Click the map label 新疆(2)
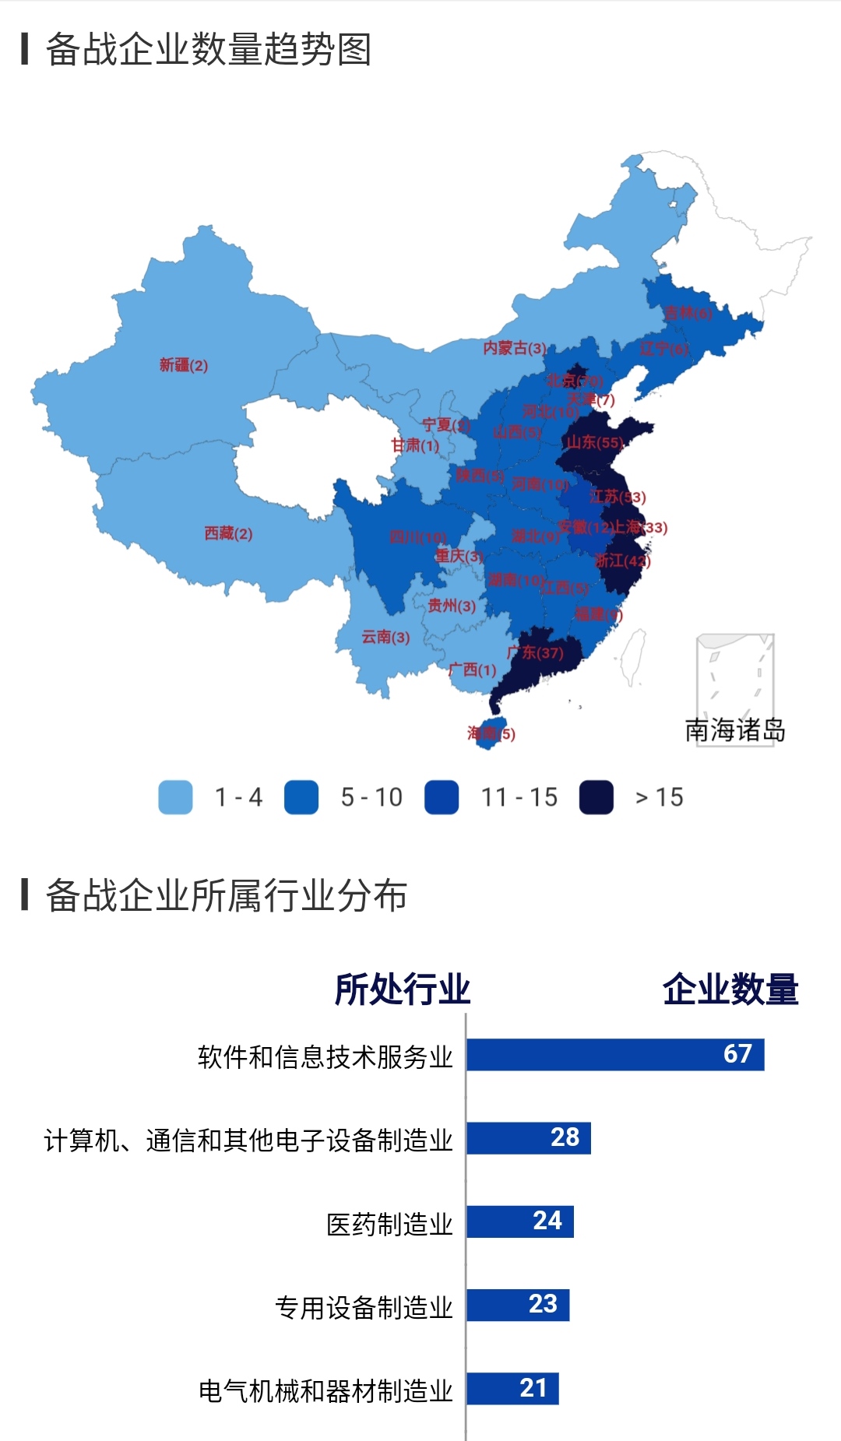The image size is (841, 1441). tap(184, 365)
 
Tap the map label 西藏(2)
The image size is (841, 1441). tap(228, 533)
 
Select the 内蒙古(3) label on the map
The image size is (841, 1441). tap(514, 348)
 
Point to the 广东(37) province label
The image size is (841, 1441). tap(535, 652)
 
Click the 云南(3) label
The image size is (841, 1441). tap(385, 637)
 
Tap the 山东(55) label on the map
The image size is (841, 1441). tap(595, 442)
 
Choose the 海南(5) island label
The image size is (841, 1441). tap(491, 733)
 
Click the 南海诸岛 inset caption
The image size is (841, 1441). tap(734, 730)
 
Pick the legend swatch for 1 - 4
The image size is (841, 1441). tap(175, 797)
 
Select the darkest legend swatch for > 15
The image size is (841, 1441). tap(596, 797)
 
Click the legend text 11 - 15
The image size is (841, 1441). tap(519, 797)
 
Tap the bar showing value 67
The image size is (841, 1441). tap(615, 1054)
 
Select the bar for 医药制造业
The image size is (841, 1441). tap(520, 1221)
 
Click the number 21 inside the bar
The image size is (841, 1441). tap(533, 1388)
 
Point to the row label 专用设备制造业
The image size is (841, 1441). tap(364, 1307)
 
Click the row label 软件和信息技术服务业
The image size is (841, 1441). tap(325, 1057)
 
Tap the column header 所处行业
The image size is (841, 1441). tap(402, 989)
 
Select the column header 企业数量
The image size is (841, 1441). tap(730, 989)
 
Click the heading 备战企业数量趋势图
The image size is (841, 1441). tap(208, 50)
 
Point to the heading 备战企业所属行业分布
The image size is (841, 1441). tap(226, 895)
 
